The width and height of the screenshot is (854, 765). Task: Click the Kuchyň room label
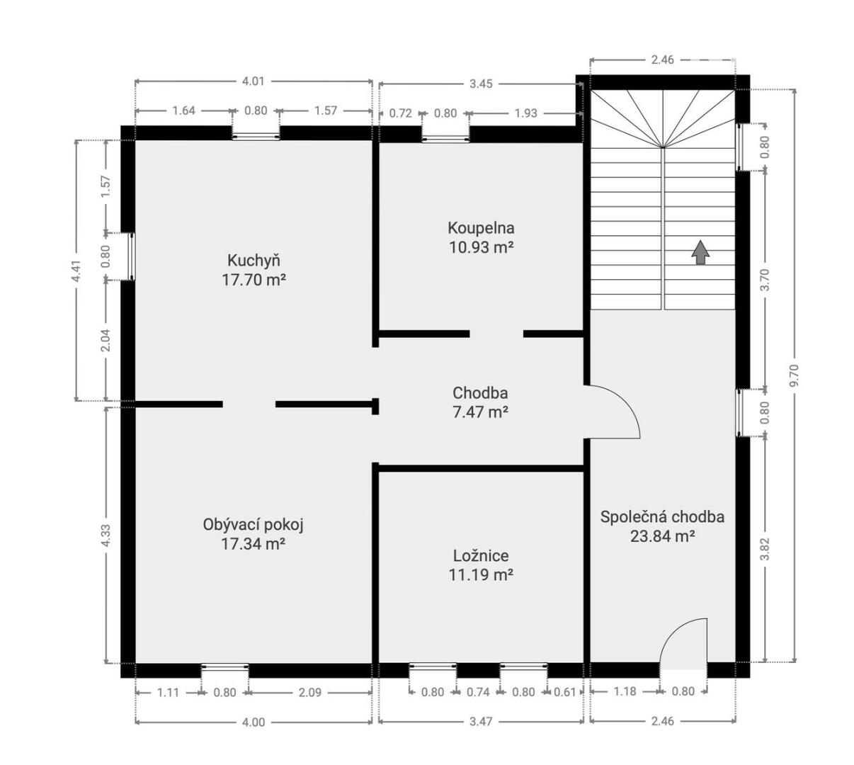pos(254,261)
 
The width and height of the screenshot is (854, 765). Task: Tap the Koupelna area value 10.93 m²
pos(481,247)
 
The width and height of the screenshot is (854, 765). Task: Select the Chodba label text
pos(480,393)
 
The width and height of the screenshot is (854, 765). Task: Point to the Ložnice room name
pos(481,556)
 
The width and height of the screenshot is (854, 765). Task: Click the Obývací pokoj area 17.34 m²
pos(253,544)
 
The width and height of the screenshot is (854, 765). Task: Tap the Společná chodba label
pos(662,517)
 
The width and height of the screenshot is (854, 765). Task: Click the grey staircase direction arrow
pos(700,252)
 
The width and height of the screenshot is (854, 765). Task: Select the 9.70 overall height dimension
pos(795,375)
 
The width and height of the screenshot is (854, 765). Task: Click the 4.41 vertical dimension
pos(76,271)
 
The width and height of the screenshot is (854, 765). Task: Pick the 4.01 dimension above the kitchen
pos(253,81)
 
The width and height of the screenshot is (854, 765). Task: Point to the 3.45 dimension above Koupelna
pos(481,84)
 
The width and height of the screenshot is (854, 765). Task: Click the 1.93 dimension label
pos(525,113)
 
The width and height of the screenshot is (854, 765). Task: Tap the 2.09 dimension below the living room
pos(310,693)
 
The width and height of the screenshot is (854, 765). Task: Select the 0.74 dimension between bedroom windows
pos(478,693)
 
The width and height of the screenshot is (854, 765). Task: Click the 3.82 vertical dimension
pos(766,549)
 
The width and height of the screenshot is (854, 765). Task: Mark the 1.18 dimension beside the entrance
pos(625,691)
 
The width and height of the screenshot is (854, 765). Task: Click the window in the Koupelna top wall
pos(445,137)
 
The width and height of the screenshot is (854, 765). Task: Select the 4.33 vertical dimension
pos(106,535)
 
